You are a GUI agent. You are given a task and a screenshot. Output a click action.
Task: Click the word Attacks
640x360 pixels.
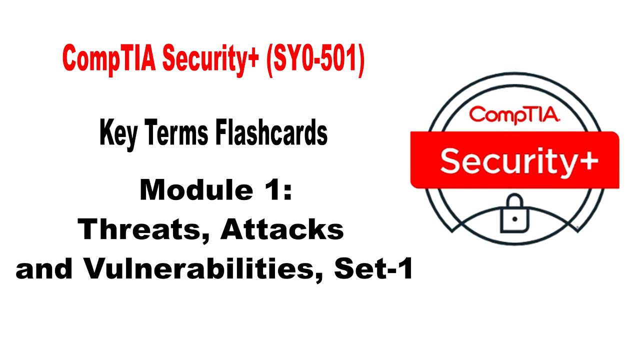[282, 230]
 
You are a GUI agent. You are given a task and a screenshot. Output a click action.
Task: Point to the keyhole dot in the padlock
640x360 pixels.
[514, 220]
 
